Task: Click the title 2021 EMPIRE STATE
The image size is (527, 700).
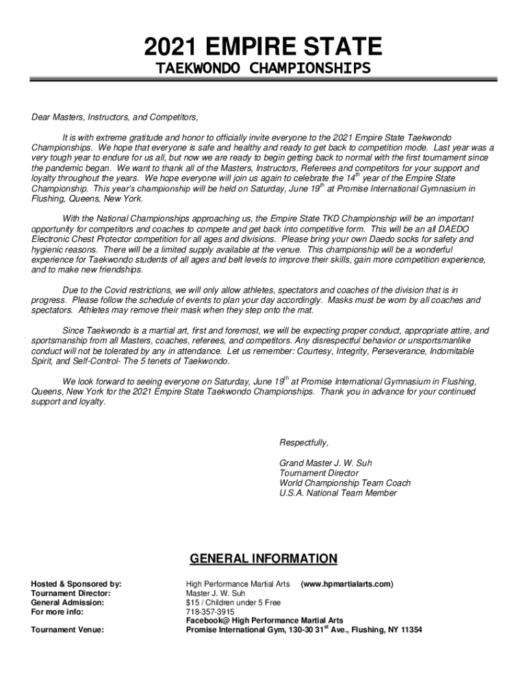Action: [x=263, y=47]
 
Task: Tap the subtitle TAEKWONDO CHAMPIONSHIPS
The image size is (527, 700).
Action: [x=263, y=68]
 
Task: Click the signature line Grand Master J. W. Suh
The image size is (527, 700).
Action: [x=326, y=463]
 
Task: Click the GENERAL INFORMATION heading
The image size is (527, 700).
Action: [x=263, y=559]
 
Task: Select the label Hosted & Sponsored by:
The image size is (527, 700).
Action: [x=77, y=584]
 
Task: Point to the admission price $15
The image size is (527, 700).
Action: [x=193, y=602]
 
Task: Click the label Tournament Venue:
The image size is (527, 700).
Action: [x=68, y=630]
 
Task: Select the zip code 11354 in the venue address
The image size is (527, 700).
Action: [x=409, y=630]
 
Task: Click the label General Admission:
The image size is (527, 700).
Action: [x=68, y=602]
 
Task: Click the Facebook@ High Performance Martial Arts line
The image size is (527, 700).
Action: [x=265, y=621]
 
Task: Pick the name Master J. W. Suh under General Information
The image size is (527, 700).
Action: [x=216, y=593]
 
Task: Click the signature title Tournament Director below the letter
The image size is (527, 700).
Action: [x=319, y=473]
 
